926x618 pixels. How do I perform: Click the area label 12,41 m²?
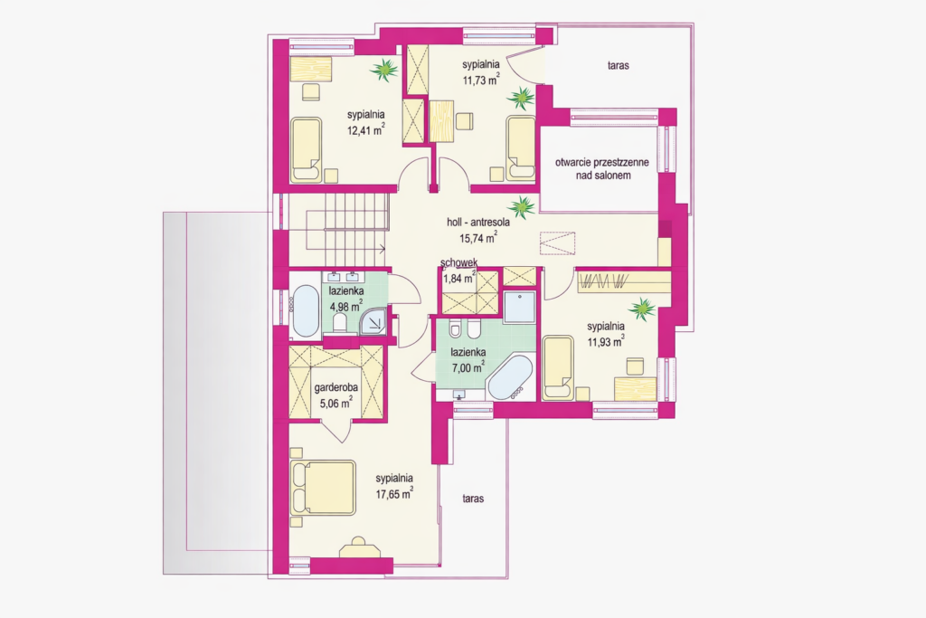tap(365, 129)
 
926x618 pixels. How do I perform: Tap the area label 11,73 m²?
tap(480, 80)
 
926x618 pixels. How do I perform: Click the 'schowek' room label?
tap(458, 263)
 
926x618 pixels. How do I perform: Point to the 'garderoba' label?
tap(336, 388)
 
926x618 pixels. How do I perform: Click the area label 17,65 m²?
tap(394, 493)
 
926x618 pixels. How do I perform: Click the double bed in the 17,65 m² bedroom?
tap(324, 488)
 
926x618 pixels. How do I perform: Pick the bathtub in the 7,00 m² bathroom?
tap(510, 378)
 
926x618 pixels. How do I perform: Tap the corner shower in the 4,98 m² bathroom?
tap(373, 323)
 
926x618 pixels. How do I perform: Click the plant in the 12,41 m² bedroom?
tap(385, 69)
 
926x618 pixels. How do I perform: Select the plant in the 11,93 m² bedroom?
tap(643, 309)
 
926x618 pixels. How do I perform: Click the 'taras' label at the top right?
tap(619, 66)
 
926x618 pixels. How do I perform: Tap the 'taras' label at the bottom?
tap(472, 499)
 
